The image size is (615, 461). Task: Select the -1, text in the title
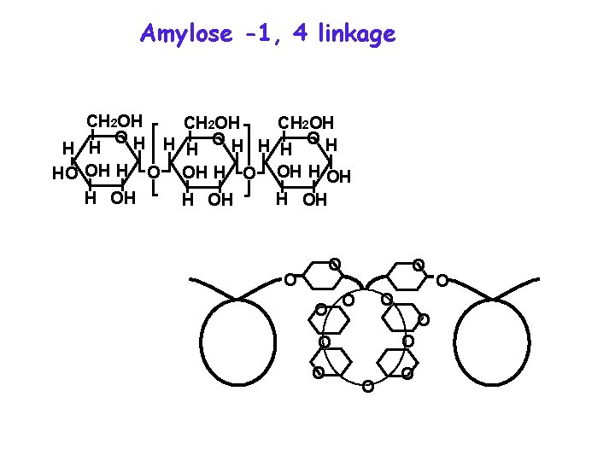pos(262,34)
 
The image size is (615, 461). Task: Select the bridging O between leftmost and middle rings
pos(153,173)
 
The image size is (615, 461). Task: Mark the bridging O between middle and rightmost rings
pos(249,173)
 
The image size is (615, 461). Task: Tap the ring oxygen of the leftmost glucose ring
pos(122,137)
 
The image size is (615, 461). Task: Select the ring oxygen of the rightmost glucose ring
pos(314,137)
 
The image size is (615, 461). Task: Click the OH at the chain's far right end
pos(339,178)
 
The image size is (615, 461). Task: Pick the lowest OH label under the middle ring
pos(220,201)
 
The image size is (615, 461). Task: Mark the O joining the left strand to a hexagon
pos(290,279)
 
